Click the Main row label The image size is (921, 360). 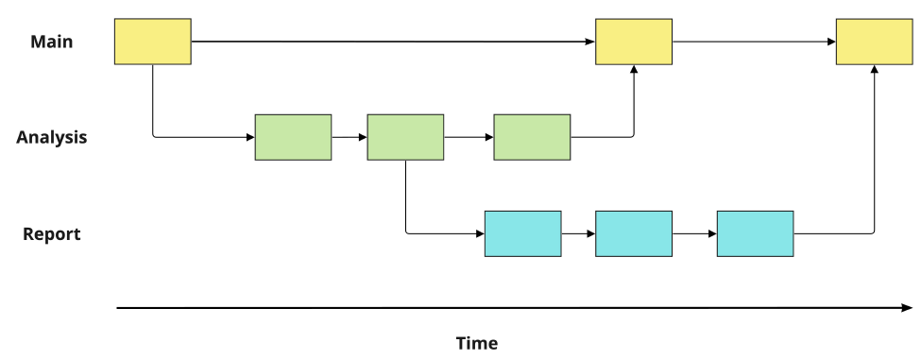(52, 42)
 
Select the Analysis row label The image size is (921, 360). (52, 137)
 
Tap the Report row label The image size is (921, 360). (52, 234)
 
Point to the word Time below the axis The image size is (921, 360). (477, 343)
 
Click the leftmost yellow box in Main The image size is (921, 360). (152, 42)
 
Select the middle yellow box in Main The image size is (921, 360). (634, 42)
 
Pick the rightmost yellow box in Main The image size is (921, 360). (874, 42)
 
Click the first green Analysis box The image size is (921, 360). (293, 137)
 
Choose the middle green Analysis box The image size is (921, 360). (405, 137)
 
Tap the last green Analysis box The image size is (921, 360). (532, 137)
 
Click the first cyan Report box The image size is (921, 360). (522, 233)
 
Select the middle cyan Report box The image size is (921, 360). (634, 233)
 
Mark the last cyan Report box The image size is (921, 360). (755, 233)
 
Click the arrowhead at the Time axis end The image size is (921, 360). (907, 308)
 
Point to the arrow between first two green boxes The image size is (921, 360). (350, 137)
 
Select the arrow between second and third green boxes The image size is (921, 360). (469, 137)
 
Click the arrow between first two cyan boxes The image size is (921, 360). (578, 233)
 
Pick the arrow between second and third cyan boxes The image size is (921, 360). (694, 233)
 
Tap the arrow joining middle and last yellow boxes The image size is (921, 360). (754, 42)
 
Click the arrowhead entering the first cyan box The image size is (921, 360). (479, 233)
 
